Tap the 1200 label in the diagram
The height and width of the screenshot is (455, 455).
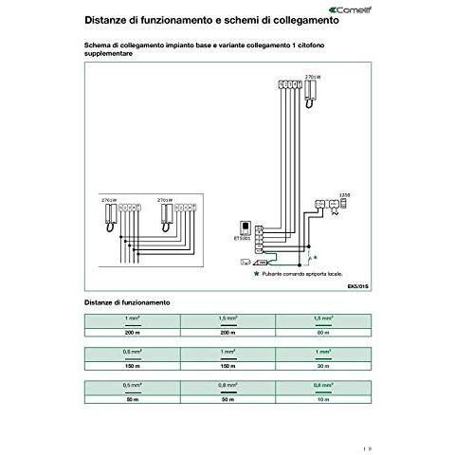tap(344, 195)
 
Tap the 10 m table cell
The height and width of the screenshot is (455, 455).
tap(322, 400)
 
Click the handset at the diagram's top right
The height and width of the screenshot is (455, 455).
tap(312, 90)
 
